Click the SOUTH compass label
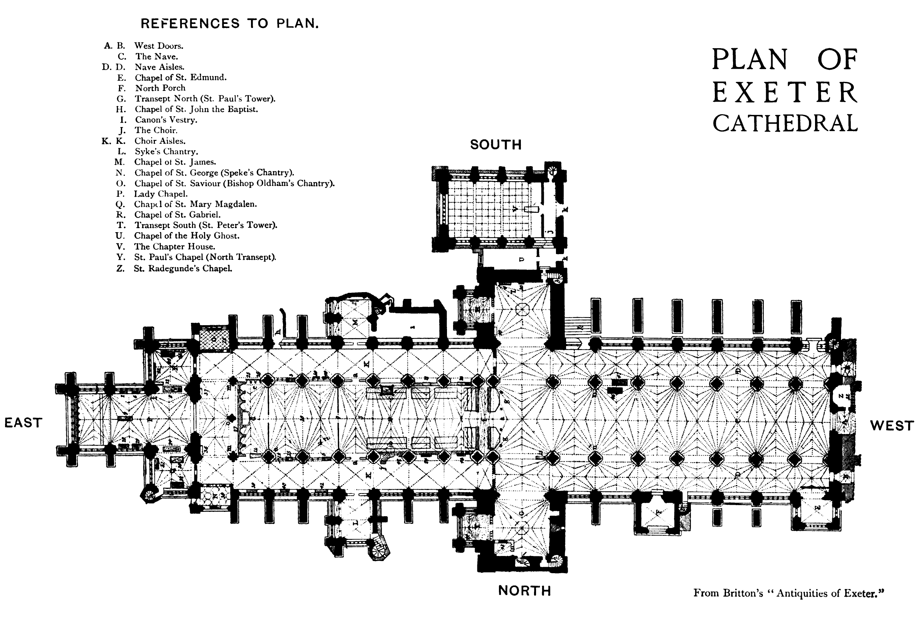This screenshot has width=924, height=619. click(496, 145)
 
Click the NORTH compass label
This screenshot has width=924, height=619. click(525, 591)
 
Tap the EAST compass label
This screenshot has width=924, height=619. click(23, 423)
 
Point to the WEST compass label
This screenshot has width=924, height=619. click(892, 426)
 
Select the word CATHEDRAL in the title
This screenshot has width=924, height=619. click(785, 123)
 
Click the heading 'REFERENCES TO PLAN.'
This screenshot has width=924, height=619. click(230, 24)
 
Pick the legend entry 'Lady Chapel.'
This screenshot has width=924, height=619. click(161, 194)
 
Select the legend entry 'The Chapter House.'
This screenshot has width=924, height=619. click(175, 247)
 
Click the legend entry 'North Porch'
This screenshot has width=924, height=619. click(160, 88)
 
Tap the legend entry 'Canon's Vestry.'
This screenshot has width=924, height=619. click(166, 120)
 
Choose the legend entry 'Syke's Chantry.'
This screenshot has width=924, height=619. click(166, 152)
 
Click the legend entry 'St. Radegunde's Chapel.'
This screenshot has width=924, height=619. click(183, 269)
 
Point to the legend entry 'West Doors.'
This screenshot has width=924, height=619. click(159, 46)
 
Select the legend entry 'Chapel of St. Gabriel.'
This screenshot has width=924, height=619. click(177, 215)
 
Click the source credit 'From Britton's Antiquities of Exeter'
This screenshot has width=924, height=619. click(788, 593)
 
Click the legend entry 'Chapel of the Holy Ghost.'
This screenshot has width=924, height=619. click(187, 236)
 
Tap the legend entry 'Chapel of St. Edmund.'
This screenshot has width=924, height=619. click(180, 78)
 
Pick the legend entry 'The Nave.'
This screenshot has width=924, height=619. click(157, 57)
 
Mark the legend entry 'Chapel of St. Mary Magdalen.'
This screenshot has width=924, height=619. click(195, 204)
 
